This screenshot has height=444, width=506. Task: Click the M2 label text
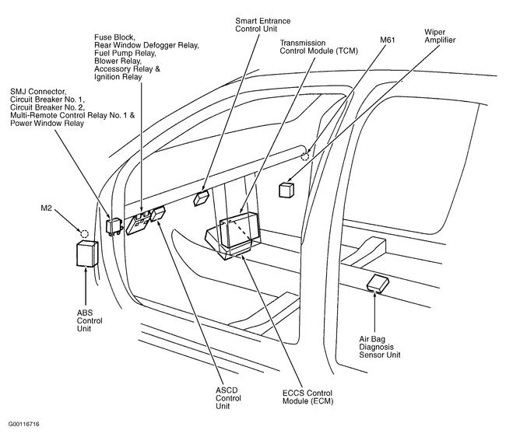(x=47, y=208)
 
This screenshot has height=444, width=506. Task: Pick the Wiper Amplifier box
(x=286, y=189)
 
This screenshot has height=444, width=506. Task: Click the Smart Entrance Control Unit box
(x=202, y=198)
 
